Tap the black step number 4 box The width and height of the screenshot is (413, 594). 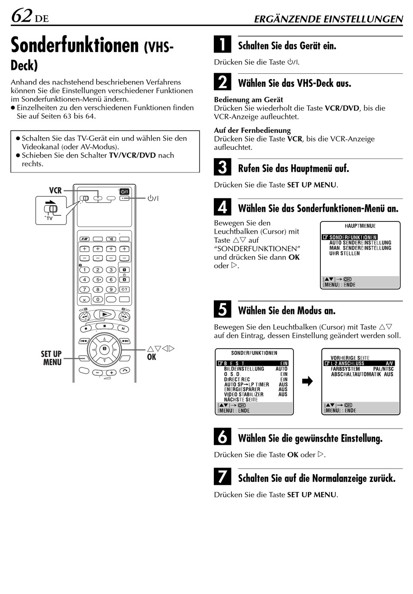[222, 207]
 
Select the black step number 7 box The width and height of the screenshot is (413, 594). [222, 477]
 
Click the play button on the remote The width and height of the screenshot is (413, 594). [104, 314]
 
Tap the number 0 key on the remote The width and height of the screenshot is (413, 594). [98, 299]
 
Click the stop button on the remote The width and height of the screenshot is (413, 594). [104, 326]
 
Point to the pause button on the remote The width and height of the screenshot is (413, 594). [123, 328]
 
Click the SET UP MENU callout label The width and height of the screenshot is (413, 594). [51, 358]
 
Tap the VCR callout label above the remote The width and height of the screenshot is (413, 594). [55, 190]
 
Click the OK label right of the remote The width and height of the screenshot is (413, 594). [151, 357]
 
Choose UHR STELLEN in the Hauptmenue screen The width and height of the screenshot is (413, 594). [344, 254]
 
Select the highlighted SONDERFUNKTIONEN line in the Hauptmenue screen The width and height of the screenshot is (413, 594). [350, 237]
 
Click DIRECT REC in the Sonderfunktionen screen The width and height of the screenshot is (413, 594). [237, 379]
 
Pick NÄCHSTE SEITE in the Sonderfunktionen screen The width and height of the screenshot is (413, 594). [241, 399]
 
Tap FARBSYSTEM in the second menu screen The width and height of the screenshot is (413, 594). [345, 369]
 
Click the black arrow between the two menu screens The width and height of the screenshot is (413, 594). [307, 382]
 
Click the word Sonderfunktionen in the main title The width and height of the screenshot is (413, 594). [75, 45]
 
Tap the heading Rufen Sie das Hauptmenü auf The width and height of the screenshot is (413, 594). [293, 168]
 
